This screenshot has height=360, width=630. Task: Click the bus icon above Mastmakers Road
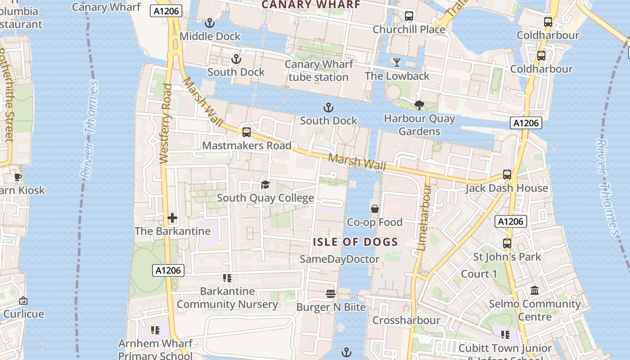click(246, 132)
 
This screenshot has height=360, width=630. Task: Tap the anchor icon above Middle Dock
click(209, 22)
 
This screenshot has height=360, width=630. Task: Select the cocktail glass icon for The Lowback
click(396, 62)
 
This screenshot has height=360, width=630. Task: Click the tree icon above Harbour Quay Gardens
click(419, 105)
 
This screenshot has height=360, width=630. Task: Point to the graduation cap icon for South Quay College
click(265, 184)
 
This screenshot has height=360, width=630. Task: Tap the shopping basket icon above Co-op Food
click(374, 209)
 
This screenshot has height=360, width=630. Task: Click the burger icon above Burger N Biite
click(331, 294)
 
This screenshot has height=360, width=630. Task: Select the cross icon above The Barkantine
click(172, 218)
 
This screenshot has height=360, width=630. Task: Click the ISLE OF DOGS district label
click(355, 242)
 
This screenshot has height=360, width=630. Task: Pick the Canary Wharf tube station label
click(319, 71)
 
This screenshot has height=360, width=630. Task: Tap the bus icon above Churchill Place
click(409, 16)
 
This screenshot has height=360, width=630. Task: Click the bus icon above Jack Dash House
click(507, 175)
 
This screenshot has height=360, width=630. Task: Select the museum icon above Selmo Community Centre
click(535, 291)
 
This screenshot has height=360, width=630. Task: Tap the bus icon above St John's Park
click(507, 243)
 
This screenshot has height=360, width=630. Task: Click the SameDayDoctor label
click(340, 259)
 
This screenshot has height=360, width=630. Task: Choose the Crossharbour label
click(406, 320)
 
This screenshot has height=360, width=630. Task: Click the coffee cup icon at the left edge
click(18, 177)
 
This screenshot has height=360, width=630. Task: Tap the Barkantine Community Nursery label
click(227, 297)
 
